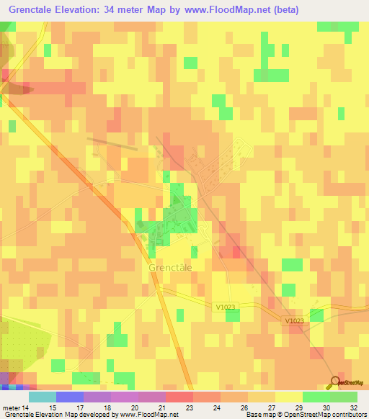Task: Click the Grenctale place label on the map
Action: [x=170, y=267]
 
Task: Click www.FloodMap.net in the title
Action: [x=224, y=10]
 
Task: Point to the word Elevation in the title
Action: [x=83, y=10]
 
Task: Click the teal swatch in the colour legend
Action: [x=43, y=397]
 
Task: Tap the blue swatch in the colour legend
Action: [x=70, y=397]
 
